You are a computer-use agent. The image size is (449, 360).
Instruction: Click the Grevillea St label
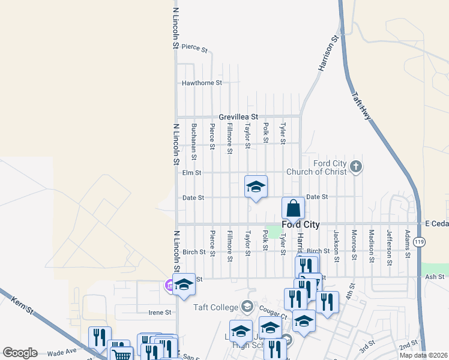[238, 116]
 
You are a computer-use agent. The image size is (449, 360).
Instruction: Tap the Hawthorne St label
[202, 83]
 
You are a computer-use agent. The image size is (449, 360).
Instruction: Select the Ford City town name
[300, 224]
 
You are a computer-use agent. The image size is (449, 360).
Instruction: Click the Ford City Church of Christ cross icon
[356, 166]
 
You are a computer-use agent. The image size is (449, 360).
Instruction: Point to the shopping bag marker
[293, 209]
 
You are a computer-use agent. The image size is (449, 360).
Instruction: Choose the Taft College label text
[215, 307]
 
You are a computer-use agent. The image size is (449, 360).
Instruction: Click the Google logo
[20, 353]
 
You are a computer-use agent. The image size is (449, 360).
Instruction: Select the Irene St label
[160, 312]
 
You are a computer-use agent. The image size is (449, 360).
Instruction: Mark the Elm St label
[191, 173]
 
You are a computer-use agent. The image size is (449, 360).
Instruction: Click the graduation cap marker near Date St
[256, 187]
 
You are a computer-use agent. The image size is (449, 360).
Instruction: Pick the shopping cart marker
[122, 354]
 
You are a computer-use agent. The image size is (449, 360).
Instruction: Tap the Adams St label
[408, 244]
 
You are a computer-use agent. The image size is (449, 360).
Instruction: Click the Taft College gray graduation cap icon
[247, 307]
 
